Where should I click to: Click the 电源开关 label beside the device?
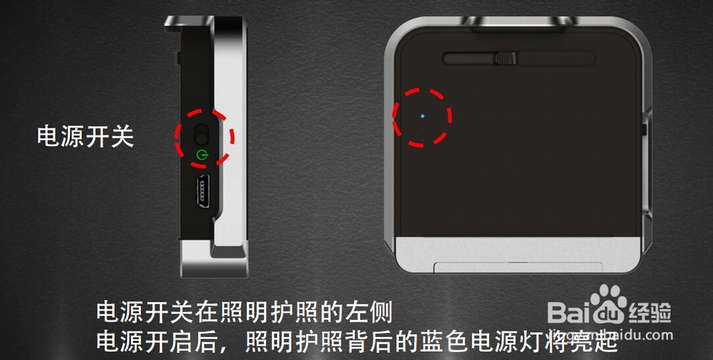(85, 137)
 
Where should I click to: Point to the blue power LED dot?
(423, 115)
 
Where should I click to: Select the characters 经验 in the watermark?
(650, 312)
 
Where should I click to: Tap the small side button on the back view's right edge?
(644, 130)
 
